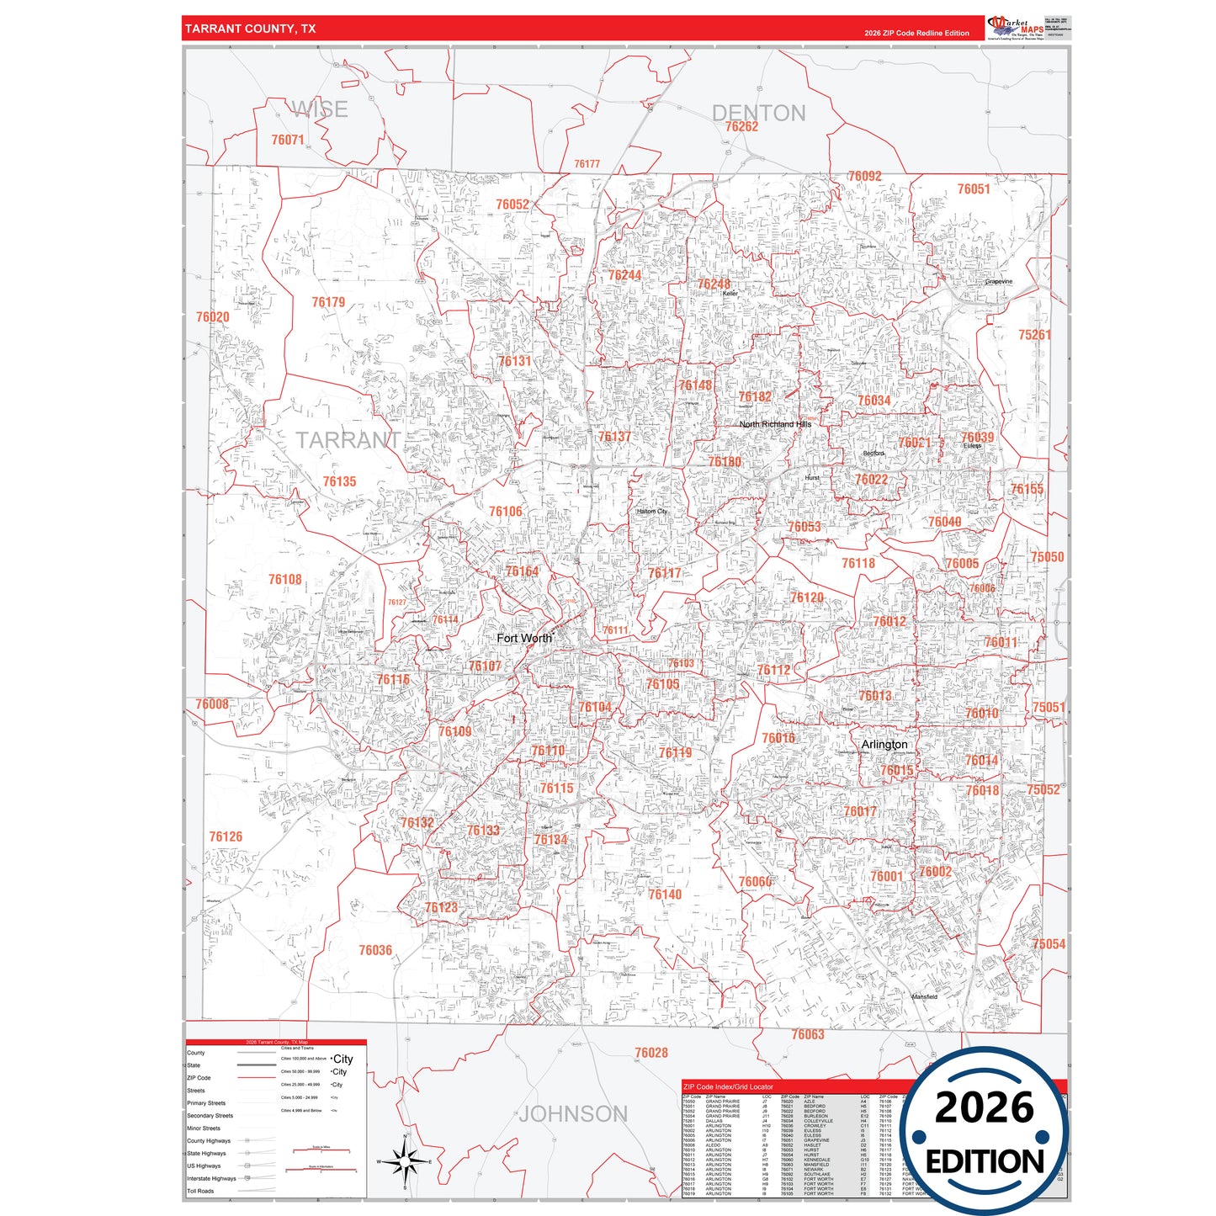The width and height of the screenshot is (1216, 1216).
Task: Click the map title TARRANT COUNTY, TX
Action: [251, 29]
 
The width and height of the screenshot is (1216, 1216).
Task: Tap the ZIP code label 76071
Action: [288, 140]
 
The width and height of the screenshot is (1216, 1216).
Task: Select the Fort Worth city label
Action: [524, 638]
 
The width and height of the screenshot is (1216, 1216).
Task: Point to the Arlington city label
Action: [884, 745]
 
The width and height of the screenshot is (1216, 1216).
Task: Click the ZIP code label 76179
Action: [328, 302]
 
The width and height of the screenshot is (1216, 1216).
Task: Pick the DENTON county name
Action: [758, 113]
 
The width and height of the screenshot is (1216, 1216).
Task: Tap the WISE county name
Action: [320, 109]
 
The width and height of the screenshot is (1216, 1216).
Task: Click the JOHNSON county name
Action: [573, 1114]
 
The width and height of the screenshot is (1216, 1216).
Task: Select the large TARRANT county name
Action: [348, 440]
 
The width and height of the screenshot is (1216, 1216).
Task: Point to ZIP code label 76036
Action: [375, 950]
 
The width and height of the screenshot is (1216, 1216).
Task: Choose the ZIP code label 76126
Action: [226, 836]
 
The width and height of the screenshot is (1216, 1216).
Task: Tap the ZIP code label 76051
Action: [974, 189]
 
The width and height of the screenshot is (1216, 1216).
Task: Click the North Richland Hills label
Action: [775, 424]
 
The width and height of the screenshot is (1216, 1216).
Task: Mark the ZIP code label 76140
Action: [665, 895]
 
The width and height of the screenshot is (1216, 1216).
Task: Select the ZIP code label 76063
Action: [808, 1034]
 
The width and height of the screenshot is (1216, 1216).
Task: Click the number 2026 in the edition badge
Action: [984, 1107]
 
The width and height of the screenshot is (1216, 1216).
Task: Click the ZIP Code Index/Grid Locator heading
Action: [728, 1087]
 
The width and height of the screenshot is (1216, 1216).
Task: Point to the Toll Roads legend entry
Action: [200, 1191]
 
